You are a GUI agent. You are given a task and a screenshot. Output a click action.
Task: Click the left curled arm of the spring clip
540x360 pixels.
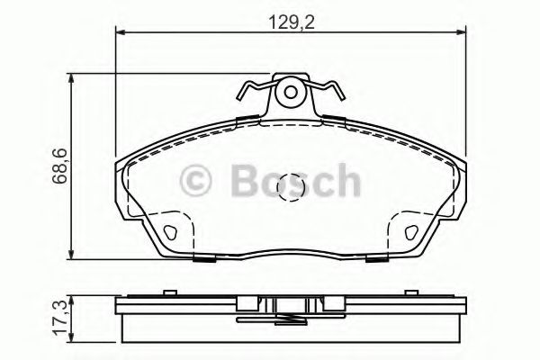tap(251, 93)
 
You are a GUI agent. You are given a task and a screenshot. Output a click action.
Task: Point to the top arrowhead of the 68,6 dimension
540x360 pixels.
tap(73, 79)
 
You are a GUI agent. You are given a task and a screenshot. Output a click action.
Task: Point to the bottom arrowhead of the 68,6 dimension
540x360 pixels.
tap(73, 255)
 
